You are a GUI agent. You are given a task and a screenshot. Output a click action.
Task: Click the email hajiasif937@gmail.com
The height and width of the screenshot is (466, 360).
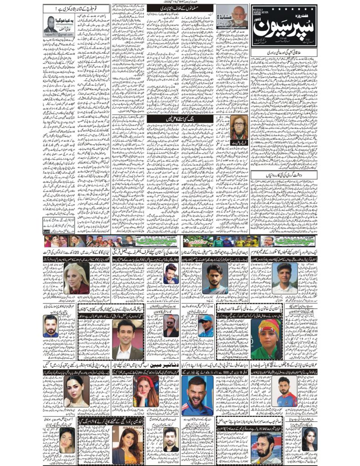(x=59, y=35)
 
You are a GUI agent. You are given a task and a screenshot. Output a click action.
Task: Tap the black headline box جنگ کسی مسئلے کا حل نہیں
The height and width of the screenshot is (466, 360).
(x=166, y=118)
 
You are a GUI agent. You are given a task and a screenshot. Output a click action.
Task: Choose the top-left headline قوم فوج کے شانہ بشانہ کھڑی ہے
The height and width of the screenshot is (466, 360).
(x=75, y=8)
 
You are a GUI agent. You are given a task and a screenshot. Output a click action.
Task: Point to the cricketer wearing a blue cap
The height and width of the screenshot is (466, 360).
(x=206, y=325)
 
